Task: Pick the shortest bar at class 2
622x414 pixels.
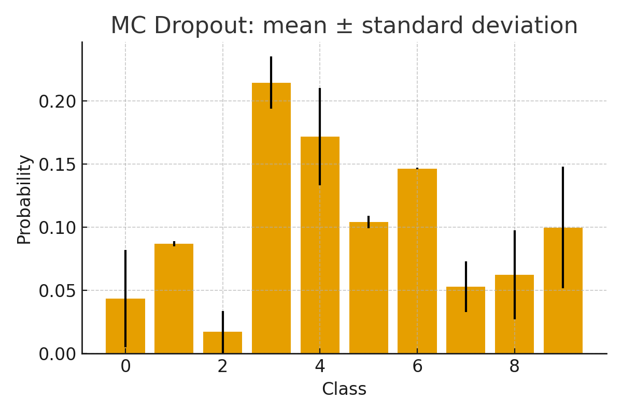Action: point(222,343)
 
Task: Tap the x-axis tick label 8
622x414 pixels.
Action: point(514,366)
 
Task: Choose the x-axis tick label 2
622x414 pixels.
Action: point(222,366)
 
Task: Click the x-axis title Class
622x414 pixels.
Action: point(344,389)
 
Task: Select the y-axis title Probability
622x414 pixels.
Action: point(24,199)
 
